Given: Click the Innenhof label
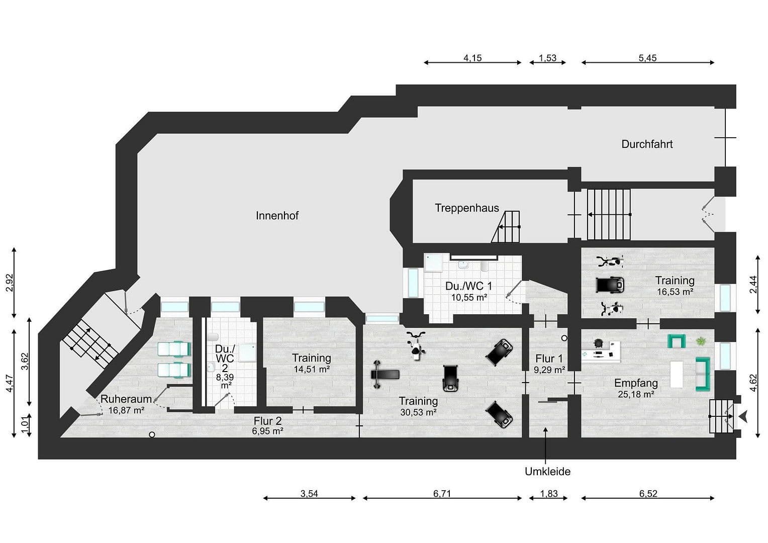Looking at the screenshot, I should tap(277, 216).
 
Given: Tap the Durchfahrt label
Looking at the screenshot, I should tap(647, 144).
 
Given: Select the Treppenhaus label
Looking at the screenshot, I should tap(466, 208).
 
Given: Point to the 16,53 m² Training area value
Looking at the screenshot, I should tap(675, 292).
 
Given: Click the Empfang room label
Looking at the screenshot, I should tap(636, 384).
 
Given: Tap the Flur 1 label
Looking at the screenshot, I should tap(549, 358).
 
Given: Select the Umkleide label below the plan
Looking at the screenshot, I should tap(547, 472).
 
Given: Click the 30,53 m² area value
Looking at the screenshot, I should tap(418, 412).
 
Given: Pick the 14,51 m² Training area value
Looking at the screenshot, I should tap(312, 369).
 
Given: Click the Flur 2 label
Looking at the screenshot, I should tap(267, 421).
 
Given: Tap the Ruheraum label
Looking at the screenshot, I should tap(126, 399).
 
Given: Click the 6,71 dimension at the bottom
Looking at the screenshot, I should tap(442, 494).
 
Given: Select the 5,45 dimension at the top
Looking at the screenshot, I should tap(647, 58).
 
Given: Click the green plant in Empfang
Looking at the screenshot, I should tap(700, 341).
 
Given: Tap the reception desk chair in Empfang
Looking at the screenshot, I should tap(598, 343).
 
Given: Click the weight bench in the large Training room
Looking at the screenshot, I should tap(385, 375).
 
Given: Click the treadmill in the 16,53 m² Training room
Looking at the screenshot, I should tap(610, 285).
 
